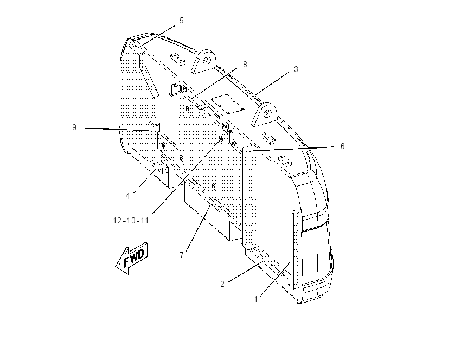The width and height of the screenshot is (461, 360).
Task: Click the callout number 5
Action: point(181,21)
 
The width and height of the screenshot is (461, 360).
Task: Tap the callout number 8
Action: point(245,65)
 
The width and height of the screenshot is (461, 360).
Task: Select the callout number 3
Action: point(296,69)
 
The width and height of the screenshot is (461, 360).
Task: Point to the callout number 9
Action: point(74,127)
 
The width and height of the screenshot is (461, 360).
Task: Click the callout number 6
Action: point(343,146)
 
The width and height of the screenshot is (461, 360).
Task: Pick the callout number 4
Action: point(127,196)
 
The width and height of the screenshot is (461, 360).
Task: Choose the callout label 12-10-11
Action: point(131,221)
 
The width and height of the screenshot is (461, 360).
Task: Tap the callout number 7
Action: point(182,255)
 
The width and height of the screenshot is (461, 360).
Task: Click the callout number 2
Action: point(222,284)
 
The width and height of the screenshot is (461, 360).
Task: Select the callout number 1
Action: point(256,299)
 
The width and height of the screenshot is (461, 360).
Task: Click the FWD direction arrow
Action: point(132,258)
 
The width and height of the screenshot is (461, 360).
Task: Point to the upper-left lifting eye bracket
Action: point(204,61)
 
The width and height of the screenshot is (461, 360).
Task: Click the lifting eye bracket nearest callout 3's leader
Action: point(264,114)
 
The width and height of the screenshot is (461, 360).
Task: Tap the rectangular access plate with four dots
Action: point(228,104)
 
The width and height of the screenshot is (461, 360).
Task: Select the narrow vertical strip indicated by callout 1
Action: point(295,249)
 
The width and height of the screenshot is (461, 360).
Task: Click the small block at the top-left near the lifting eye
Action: point(178,59)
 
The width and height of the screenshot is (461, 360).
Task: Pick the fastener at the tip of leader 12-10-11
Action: point(221,138)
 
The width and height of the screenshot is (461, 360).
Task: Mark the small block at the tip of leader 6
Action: point(249,149)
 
